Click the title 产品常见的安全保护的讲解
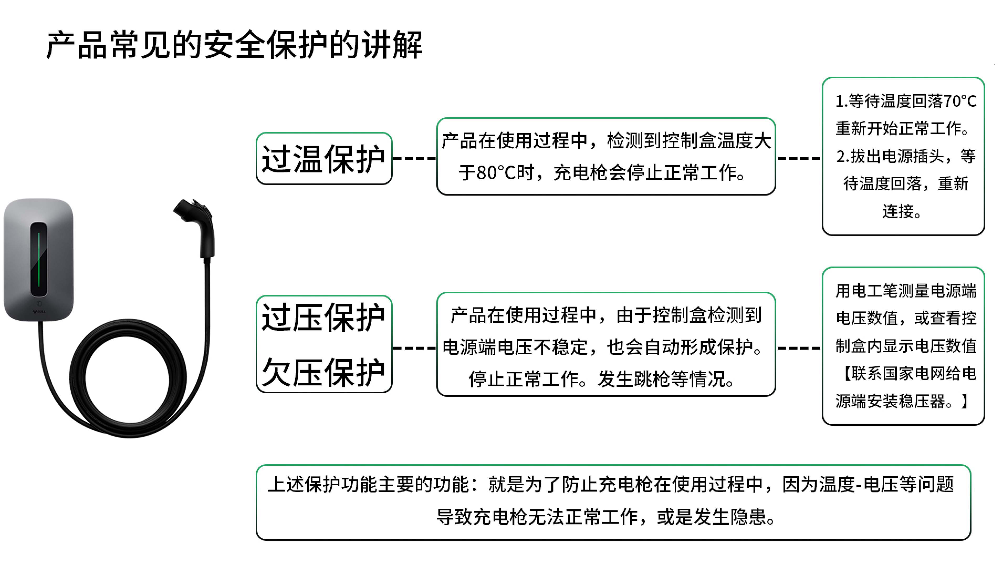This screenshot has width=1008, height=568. click(x=234, y=45)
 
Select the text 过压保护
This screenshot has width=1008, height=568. click(x=323, y=317)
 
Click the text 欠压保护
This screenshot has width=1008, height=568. click(x=323, y=372)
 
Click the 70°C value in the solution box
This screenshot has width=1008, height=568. click(x=960, y=101)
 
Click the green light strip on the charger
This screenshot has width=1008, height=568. click(x=39, y=260)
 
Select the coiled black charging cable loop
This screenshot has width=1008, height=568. click(x=128, y=378)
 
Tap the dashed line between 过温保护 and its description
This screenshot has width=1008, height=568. click(x=414, y=158)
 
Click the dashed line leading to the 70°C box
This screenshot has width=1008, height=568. click(x=799, y=158)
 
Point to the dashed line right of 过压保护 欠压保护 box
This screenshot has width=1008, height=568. click(x=414, y=347)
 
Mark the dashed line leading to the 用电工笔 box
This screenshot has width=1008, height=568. click(x=799, y=347)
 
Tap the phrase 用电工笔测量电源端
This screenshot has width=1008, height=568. click(x=906, y=291)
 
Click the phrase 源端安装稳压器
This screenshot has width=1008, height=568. click(x=890, y=401)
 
